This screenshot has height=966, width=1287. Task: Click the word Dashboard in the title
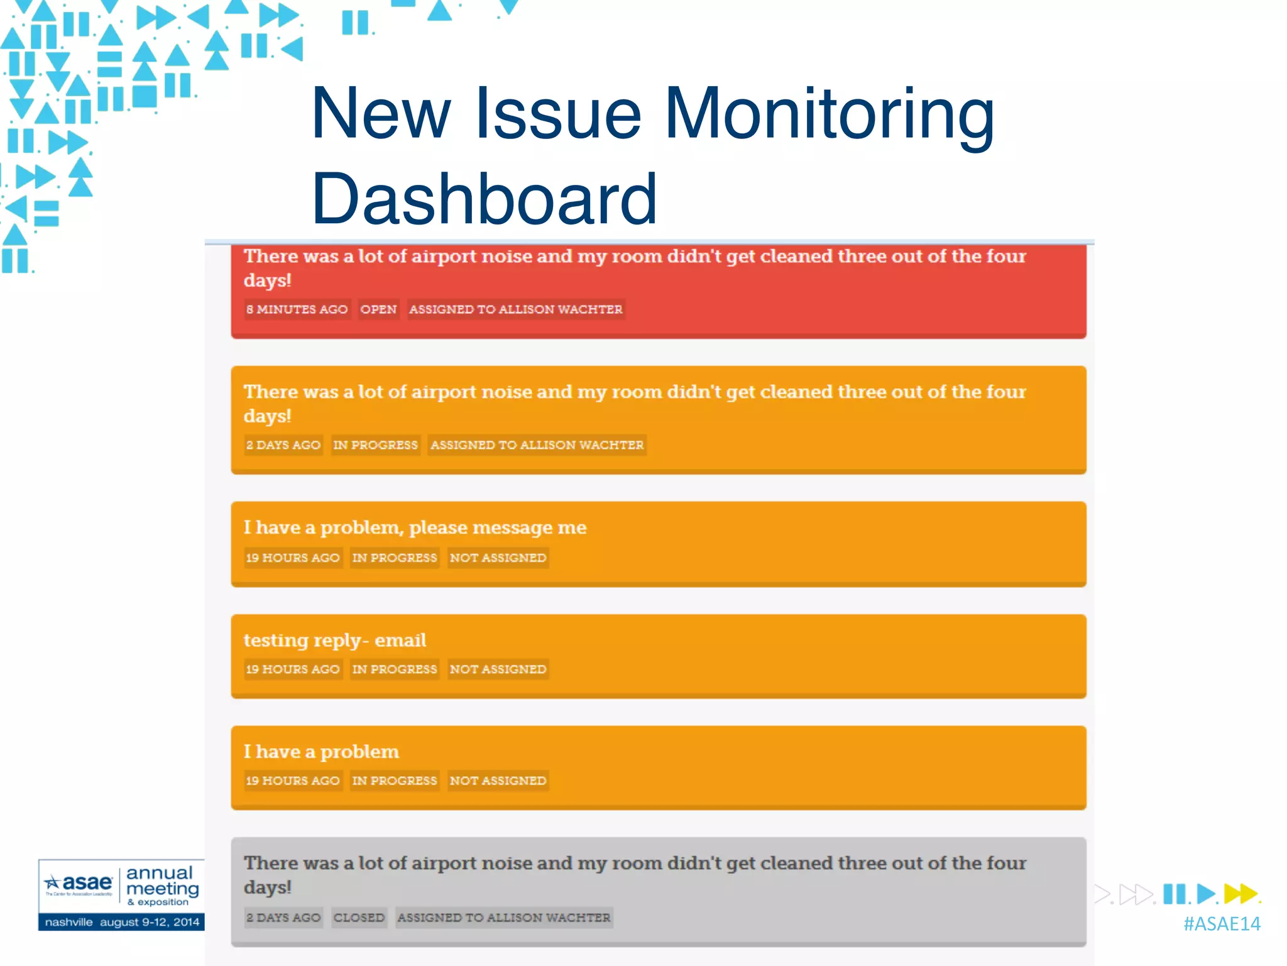pos(484,199)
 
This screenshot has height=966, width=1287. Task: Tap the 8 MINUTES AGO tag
pos(297,309)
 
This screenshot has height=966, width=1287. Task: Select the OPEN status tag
pos(378,309)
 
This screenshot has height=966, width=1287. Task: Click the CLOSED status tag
pos(359,918)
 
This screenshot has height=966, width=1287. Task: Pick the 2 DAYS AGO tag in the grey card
pos(283,918)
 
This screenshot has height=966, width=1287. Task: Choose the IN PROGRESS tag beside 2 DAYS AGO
pos(375,445)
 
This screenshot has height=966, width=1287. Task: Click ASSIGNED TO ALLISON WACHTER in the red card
pos(516,309)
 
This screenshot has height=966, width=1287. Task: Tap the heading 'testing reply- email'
pos(335,640)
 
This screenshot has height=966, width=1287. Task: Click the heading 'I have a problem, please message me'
pos(415,528)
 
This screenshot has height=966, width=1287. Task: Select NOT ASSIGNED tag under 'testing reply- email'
pos(498,669)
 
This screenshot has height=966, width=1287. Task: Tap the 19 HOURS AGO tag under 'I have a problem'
pos(293,780)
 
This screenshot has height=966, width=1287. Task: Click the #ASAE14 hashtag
pos(1222,924)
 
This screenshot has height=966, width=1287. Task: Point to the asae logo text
pos(87,882)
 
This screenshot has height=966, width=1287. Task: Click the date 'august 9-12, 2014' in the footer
pos(150,922)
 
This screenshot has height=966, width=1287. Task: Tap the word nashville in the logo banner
pos(69,922)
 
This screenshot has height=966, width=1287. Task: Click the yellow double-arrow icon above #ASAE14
pos(1240,893)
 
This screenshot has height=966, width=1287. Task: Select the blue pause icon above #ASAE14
pos(1174,894)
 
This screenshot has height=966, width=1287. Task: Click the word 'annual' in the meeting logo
pos(160,873)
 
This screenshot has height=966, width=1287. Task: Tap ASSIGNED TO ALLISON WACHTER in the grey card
pos(504,918)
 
